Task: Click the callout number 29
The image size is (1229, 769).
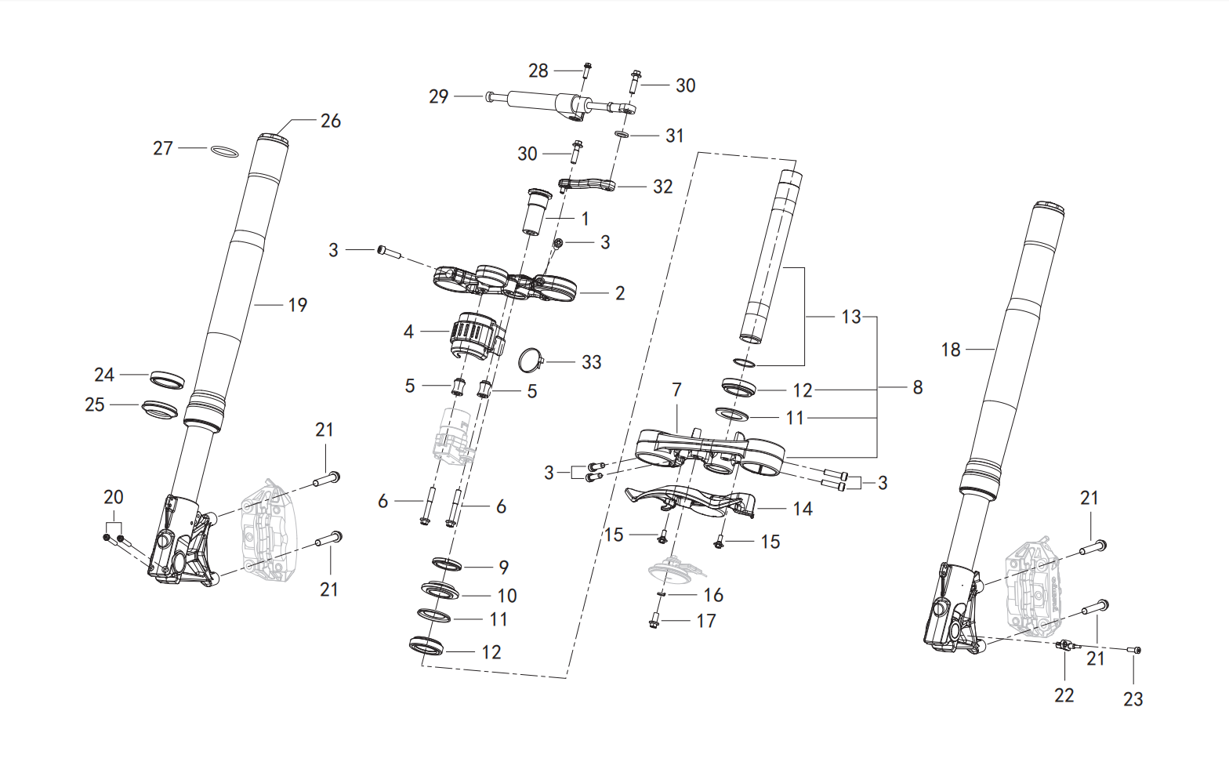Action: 438,96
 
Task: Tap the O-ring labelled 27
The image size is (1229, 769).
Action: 224,151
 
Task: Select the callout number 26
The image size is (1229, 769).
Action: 330,121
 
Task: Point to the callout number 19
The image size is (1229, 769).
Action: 297,305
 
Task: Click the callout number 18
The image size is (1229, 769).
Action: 951,350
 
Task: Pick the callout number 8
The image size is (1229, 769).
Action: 917,387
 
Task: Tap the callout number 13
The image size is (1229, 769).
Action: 851,317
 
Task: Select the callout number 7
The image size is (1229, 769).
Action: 676,390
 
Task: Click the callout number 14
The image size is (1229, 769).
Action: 802,509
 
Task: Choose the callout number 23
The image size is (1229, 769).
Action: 1133,699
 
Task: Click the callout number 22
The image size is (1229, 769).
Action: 1064,695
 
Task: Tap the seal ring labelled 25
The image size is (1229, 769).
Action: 160,410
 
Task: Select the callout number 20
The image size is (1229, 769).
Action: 114,497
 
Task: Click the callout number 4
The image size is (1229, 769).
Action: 408,332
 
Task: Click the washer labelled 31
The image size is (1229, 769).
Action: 622,135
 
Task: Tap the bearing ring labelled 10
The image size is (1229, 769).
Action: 440,592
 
